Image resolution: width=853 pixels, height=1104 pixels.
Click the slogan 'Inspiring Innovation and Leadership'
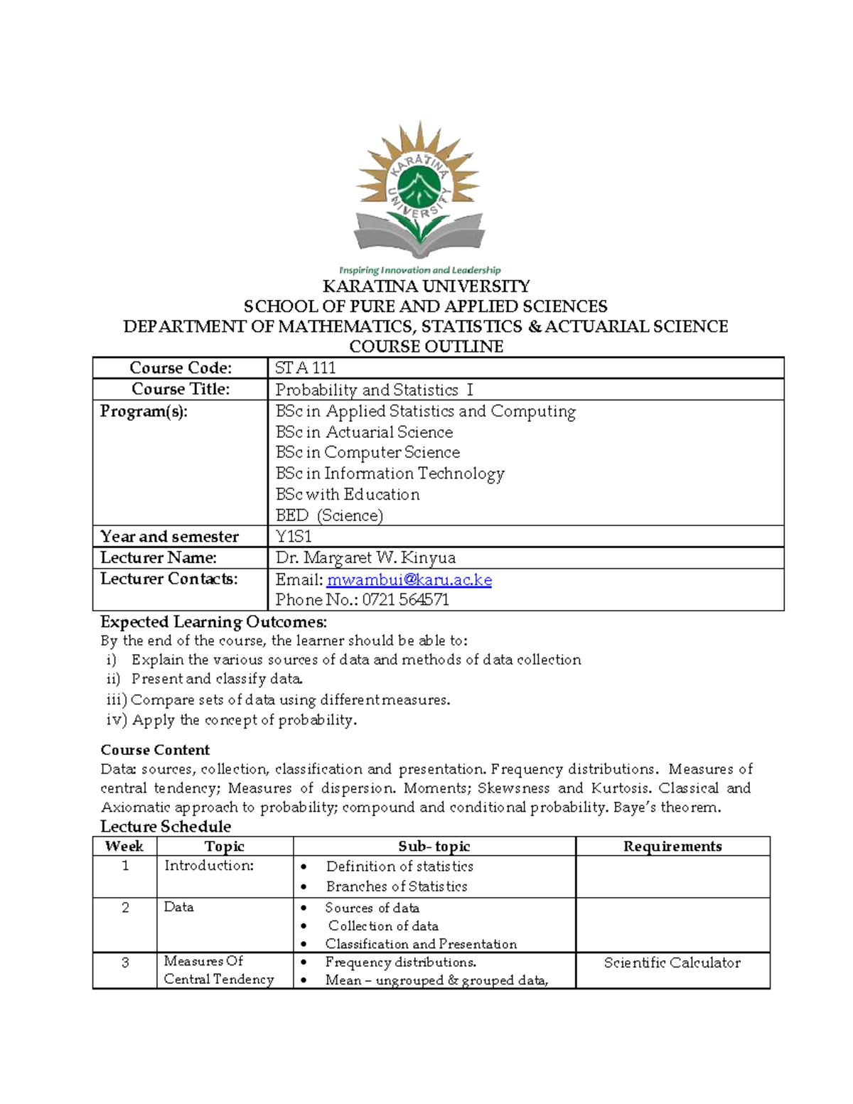pyautogui.click(x=419, y=270)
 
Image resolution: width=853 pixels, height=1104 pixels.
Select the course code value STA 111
pyautogui.click(x=306, y=368)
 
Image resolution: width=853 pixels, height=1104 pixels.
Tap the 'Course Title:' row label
pyautogui.click(x=181, y=389)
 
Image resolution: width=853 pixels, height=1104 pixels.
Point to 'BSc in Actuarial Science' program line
pyautogui.click(x=364, y=432)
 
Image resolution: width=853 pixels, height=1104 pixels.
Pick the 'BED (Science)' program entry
pyautogui.click(x=329, y=515)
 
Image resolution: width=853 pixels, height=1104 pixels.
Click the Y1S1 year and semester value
pyautogui.click(x=294, y=537)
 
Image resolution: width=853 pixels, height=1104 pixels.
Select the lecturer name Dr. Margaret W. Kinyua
pyautogui.click(x=365, y=558)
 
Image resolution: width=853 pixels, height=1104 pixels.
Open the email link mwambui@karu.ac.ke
pyautogui.click(x=409, y=579)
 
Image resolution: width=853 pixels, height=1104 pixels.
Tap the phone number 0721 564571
pyautogui.click(x=405, y=599)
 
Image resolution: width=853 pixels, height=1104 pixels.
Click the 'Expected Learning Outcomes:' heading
pyautogui.click(x=213, y=622)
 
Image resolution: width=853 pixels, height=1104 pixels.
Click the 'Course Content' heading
pyautogui.click(x=155, y=750)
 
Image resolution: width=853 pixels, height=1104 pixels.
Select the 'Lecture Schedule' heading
pyautogui.click(x=166, y=826)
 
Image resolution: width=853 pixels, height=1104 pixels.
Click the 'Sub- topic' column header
pyautogui.click(x=434, y=846)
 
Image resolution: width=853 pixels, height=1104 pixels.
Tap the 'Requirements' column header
pyautogui.click(x=672, y=846)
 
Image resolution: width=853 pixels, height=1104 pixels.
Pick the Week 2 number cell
pyautogui.click(x=125, y=908)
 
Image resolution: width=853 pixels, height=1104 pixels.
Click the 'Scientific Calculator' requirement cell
pyautogui.click(x=672, y=963)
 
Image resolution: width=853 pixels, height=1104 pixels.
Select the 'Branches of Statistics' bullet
pyautogui.click(x=397, y=886)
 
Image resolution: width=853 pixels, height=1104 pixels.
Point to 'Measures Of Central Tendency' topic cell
pyautogui.click(x=218, y=970)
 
